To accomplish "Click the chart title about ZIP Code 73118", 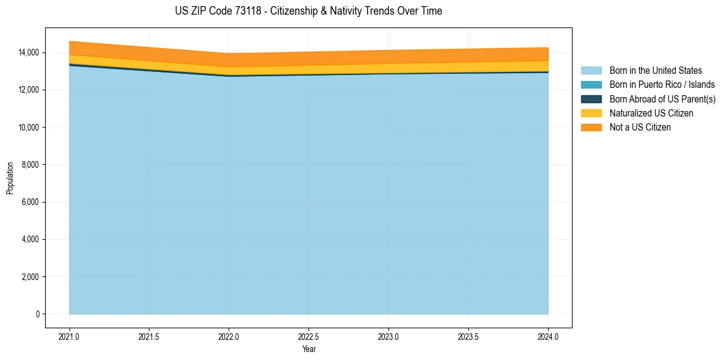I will [309, 11].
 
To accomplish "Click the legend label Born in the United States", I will [655, 71].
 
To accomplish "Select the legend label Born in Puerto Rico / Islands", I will [662, 85].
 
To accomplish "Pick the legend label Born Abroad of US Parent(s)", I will [662, 99].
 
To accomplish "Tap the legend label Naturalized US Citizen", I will [651, 113].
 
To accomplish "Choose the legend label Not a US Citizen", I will [640, 127].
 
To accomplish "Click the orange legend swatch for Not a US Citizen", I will [591, 127].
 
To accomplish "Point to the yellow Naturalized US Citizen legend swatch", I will [591, 113].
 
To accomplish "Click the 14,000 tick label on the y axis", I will [29, 53].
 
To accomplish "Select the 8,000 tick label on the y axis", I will [31, 165].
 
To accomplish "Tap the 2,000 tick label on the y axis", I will [31, 277].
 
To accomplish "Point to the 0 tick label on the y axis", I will [38, 314].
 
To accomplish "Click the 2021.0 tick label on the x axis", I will [70, 336].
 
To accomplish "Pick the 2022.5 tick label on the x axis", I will [309, 336].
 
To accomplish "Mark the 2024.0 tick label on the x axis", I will [548, 336].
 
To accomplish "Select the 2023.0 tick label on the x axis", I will [388, 336].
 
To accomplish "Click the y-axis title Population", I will [10, 178].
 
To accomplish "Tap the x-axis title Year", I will [309, 349].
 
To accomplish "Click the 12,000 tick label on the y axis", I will [29, 90].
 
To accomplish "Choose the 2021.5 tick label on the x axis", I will [149, 336].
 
